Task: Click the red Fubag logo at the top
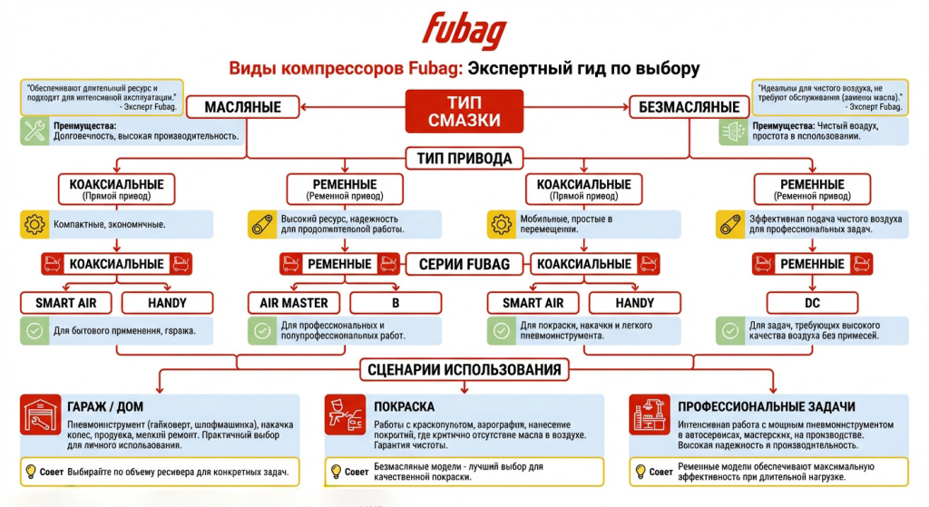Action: pos(464,31)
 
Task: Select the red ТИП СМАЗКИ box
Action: pos(464,113)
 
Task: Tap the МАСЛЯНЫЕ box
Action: pos(242,107)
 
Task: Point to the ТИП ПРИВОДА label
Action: pos(464,159)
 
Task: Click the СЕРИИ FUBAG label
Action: pos(464,264)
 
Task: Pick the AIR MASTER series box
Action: pos(292,302)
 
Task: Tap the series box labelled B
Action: pos(394,302)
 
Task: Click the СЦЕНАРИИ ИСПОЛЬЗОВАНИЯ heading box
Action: pos(464,369)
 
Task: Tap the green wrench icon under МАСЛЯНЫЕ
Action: pos(34,131)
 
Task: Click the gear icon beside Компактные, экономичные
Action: pos(34,224)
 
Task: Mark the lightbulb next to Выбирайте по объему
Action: pos(32,472)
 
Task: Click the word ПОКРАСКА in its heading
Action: pos(404,406)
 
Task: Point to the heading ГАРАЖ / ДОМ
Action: pos(104,406)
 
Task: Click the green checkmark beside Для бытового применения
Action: pos(34,331)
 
